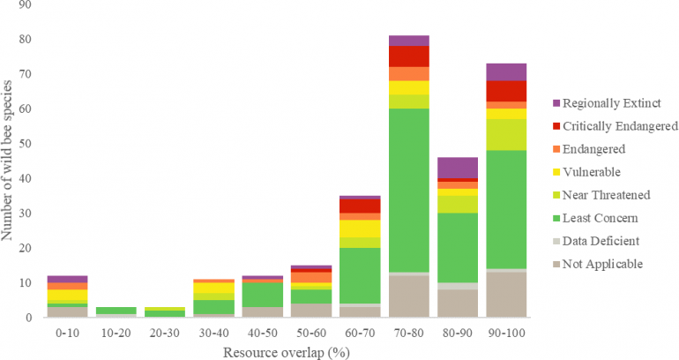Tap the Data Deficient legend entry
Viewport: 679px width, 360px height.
[608, 241]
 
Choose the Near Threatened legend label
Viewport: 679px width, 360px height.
[613, 195]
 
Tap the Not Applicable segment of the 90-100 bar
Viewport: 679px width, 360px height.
[505, 295]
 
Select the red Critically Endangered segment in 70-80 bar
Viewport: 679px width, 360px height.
[408, 56]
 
